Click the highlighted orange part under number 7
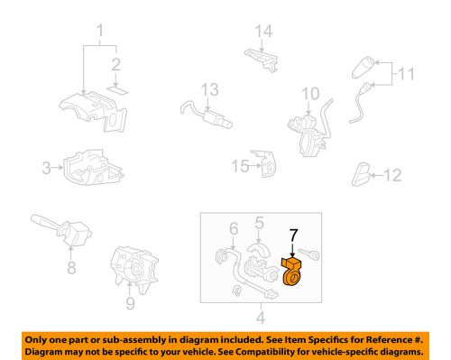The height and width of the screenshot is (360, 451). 293,273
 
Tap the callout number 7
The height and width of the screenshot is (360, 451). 292,235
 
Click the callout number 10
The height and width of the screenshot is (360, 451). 310,93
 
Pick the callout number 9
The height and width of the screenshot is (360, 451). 129,304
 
